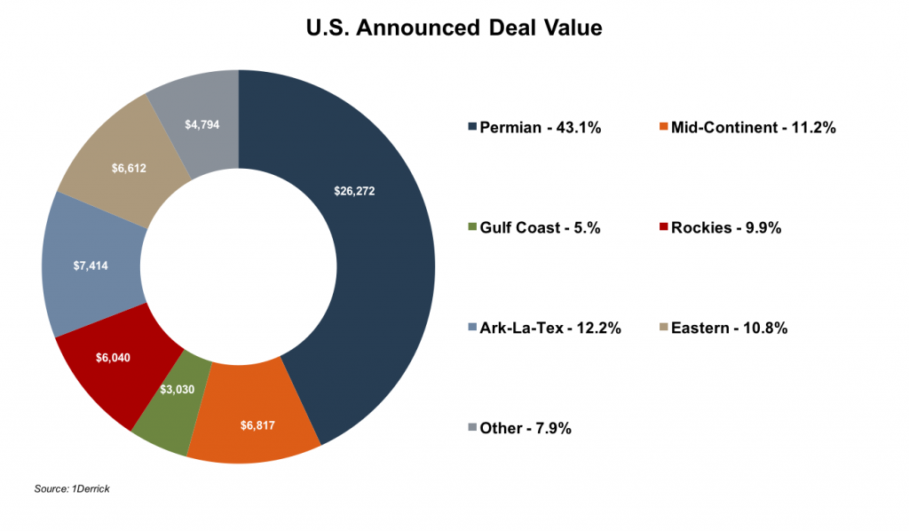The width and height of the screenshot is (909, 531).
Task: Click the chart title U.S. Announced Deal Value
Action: coord(454,28)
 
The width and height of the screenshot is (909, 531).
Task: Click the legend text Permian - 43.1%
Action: coord(541,128)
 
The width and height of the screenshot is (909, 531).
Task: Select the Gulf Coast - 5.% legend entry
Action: coord(541,228)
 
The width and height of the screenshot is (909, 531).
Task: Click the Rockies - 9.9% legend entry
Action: coord(725,228)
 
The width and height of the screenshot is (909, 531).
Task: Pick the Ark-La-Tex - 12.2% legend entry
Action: coord(550,329)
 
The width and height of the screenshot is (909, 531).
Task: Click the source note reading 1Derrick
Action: coord(72,489)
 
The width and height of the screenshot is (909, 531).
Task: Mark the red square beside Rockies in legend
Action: coord(662,228)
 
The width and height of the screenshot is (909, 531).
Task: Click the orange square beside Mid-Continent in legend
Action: coord(662,128)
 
